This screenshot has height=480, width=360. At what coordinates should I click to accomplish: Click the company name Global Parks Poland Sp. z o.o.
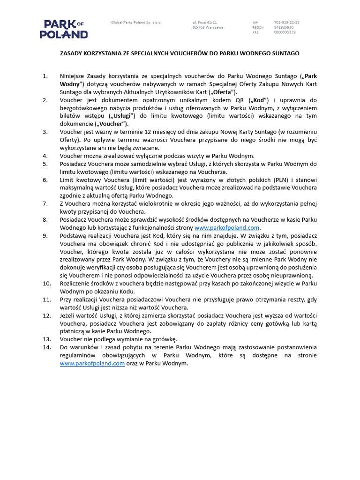click(x=136, y=22)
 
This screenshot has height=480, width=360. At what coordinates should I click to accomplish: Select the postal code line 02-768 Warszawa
click(x=208, y=27)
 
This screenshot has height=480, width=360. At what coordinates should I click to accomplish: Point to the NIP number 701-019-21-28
click(x=287, y=22)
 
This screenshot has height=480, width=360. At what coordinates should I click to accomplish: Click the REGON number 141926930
click(x=285, y=27)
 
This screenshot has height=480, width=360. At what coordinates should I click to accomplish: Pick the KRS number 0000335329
click(x=285, y=32)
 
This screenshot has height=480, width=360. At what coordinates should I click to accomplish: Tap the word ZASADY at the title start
click(x=71, y=53)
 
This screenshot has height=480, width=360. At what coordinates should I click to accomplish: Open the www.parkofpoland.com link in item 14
click(x=92, y=363)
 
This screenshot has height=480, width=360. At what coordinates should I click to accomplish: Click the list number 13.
click(x=47, y=339)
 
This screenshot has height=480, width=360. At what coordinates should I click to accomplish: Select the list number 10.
click(x=47, y=284)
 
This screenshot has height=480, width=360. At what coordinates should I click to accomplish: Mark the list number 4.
click(x=45, y=156)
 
